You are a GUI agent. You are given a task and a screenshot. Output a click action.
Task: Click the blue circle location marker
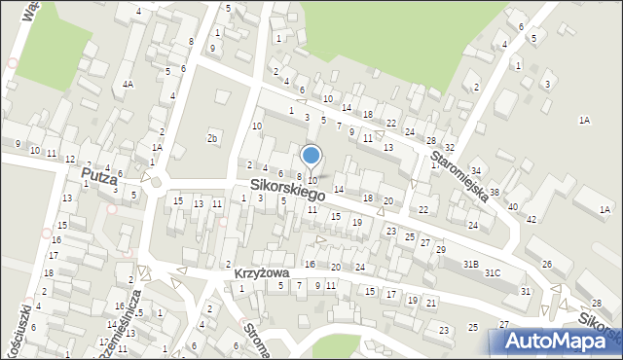pos(311,155)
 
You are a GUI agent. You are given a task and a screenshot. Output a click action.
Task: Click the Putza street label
pos(99,176)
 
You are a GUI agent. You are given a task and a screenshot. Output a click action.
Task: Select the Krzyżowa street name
pos(256,273)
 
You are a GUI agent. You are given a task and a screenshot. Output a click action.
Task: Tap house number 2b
pos(211,138)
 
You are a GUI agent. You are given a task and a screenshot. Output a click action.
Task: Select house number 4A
pos(128,85)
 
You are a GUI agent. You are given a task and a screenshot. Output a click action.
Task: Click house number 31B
pos(471,264)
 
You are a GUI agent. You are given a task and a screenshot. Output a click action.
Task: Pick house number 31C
pos(493,272)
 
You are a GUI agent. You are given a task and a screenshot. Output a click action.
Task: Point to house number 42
pos(531,219)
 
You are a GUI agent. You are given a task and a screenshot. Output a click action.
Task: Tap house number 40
pos(512,206)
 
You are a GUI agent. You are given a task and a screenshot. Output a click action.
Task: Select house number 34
pos(476,171)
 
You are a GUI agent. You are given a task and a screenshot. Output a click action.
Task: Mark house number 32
pos(449,147)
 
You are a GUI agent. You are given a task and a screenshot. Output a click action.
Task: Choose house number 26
pos(547,265)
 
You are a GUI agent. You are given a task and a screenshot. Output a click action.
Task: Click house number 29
pos(440,250)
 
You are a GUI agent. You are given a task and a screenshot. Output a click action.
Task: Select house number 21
pos(430,303)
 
